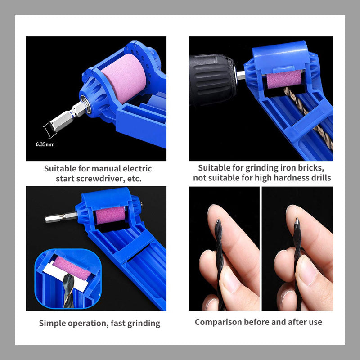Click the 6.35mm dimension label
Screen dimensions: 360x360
pyautogui.click(x=45, y=144)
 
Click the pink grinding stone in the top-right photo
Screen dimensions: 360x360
pyautogui.click(x=284, y=79)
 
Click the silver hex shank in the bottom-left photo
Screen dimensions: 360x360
pyautogui.click(x=61, y=217)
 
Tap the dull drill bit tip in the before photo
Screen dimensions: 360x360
pyautogui.click(x=218, y=221)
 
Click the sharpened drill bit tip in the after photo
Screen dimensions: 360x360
pyautogui.click(x=297, y=219)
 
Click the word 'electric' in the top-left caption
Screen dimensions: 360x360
pyautogui.click(x=137, y=168)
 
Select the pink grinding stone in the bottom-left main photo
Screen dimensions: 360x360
pyautogui.click(x=110, y=215)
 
